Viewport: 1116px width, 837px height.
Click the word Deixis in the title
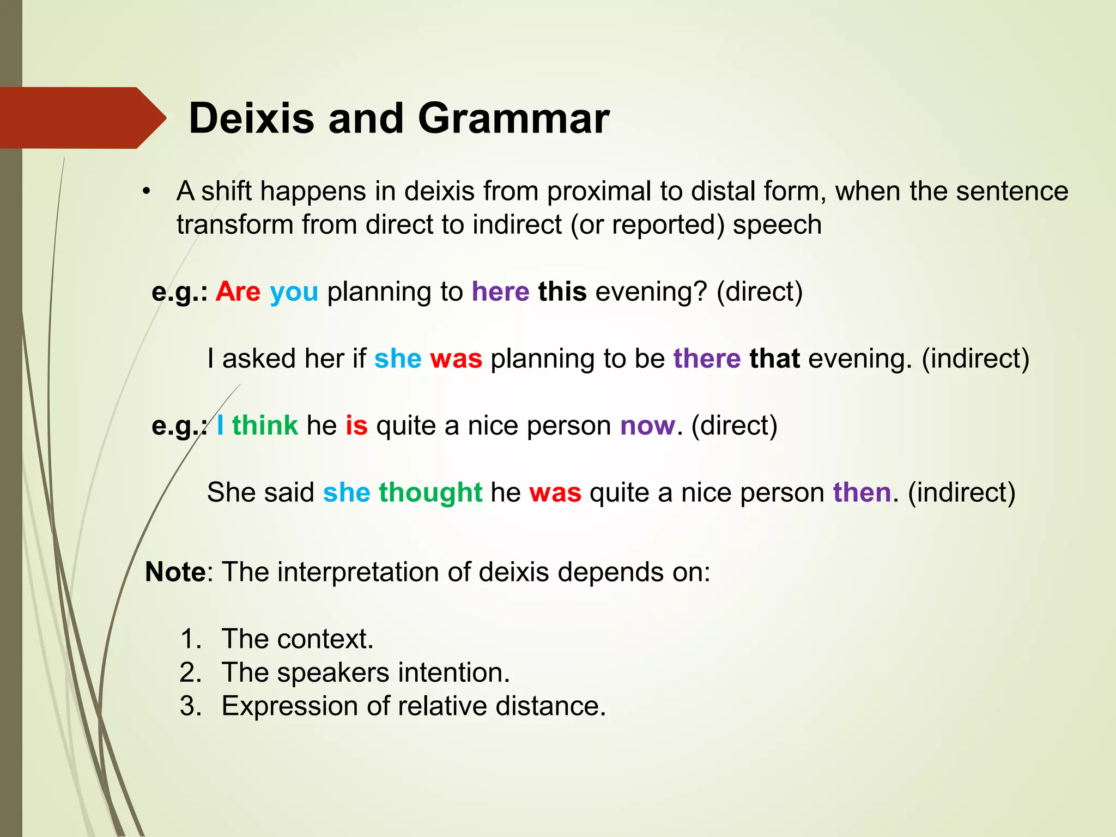[x=251, y=118]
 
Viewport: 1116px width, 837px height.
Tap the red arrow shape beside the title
[x=82, y=118]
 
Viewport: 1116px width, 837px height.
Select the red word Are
[x=238, y=292]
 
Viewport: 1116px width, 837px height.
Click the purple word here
[x=500, y=292]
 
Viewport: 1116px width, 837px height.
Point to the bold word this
[x=562, y=292]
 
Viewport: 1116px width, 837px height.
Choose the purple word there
[x=707, y=359]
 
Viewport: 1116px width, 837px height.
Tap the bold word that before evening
[x=774, y=359]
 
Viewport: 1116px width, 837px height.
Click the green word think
[x=265, y=425]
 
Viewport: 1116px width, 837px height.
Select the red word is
[x=356, y=425]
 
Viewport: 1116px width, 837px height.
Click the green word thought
[x=430, y=493]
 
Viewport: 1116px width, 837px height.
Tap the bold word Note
[x=175, y=572]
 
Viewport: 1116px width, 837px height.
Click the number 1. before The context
[x=191, y=639]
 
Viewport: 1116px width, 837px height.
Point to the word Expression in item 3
[x=289, y=707]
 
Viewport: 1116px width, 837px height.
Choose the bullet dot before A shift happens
[x=146, y=192]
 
